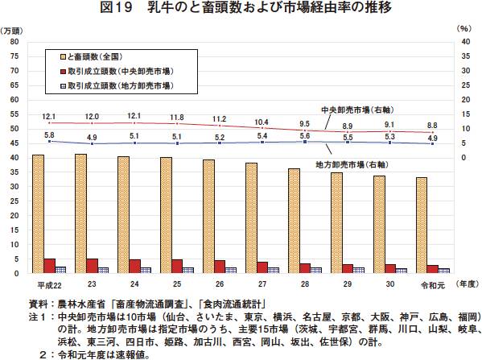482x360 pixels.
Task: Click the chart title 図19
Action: [x=116, y=8]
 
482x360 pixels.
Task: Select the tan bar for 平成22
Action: [x=38, y=214]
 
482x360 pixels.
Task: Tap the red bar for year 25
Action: [x=177, y=266]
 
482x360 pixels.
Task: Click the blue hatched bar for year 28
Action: [x=316, y=270]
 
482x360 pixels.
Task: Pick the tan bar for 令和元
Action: [x=422, y=226]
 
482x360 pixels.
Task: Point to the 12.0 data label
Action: [x=92, y=117]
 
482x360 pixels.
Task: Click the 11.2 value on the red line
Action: [x=219, y=119]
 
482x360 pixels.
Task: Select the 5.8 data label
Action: [x=49, y=135]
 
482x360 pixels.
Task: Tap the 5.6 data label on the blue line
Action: [x=305, y=136]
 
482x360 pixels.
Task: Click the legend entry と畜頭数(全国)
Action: [x=92, y=57]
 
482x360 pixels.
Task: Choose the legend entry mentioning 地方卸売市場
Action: [x=117, y=86]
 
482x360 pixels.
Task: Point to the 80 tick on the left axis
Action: [x=14, y=42]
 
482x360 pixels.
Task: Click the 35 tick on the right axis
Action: [x=466, y=56]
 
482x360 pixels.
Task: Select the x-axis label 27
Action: [x=262, y=284]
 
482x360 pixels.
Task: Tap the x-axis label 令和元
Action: [x=433, y=285]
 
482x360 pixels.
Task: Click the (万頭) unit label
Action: [x=11, y=31]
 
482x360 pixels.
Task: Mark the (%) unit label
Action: [x=464, y=29]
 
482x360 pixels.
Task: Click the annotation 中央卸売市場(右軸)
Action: [x=357, y=110]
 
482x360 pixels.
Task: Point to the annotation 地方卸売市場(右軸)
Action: [x=352, y=165]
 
